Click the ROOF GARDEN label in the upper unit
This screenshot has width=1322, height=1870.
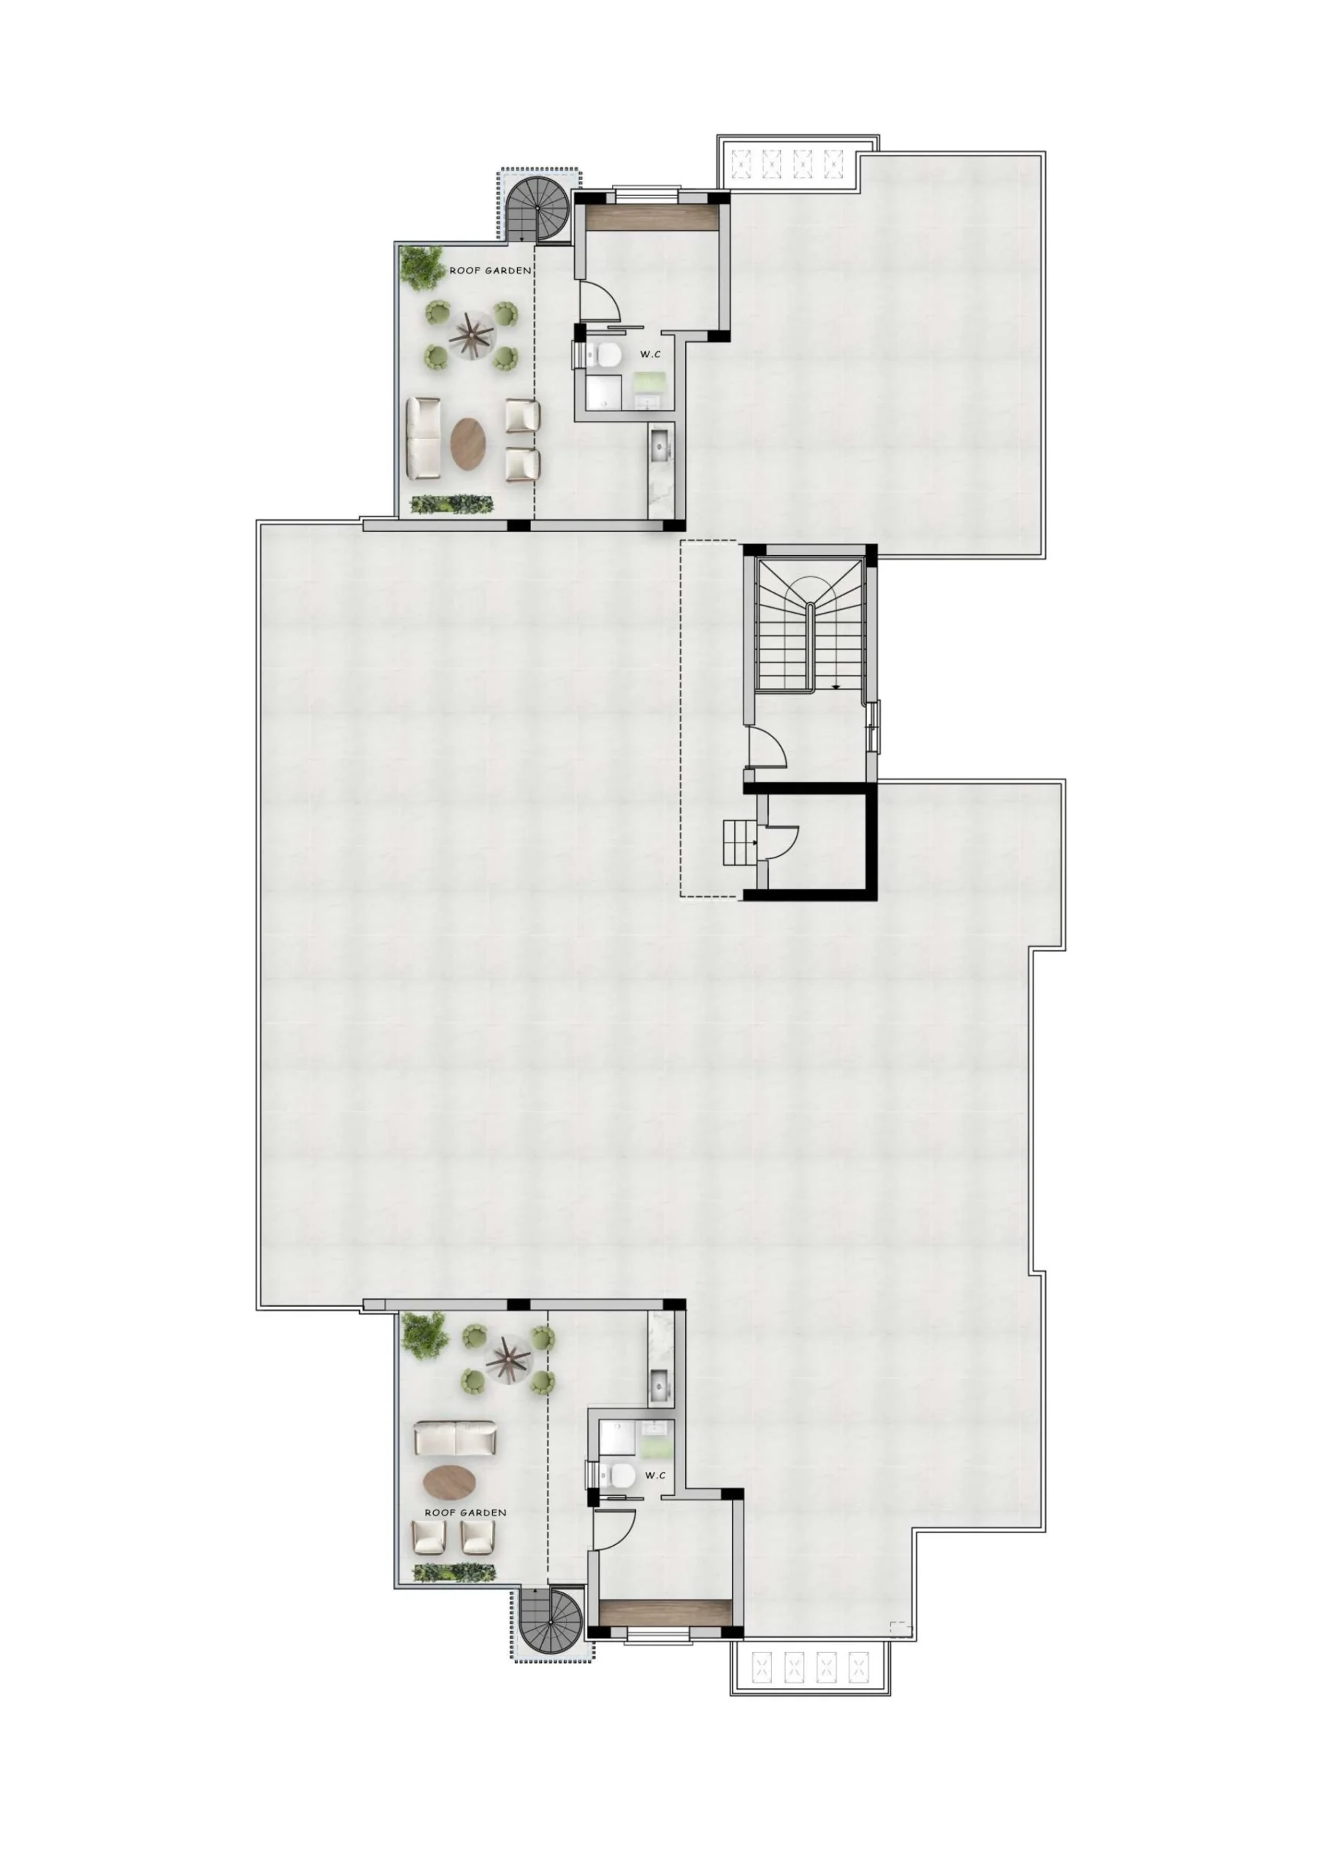(490, 270)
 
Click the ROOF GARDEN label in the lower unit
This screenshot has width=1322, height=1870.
(465, 1513)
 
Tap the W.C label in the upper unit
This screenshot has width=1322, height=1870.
(649, 354)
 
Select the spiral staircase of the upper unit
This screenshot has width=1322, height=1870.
(539, 210)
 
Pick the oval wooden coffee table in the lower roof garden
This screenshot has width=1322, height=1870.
(451, 1481)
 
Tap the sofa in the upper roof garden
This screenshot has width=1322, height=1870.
(424, 439)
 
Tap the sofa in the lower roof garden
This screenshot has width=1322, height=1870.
(454, 1438)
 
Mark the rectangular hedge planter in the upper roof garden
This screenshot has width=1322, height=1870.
(452, 504)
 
